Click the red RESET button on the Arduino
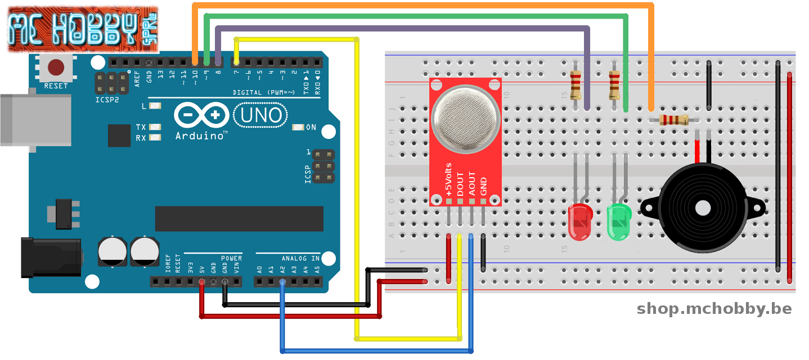56,68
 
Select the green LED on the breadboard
620,222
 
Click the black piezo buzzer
702,208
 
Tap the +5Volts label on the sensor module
448,179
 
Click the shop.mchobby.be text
714,309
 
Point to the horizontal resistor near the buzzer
673,119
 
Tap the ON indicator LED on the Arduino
298,128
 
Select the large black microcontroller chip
239,219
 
